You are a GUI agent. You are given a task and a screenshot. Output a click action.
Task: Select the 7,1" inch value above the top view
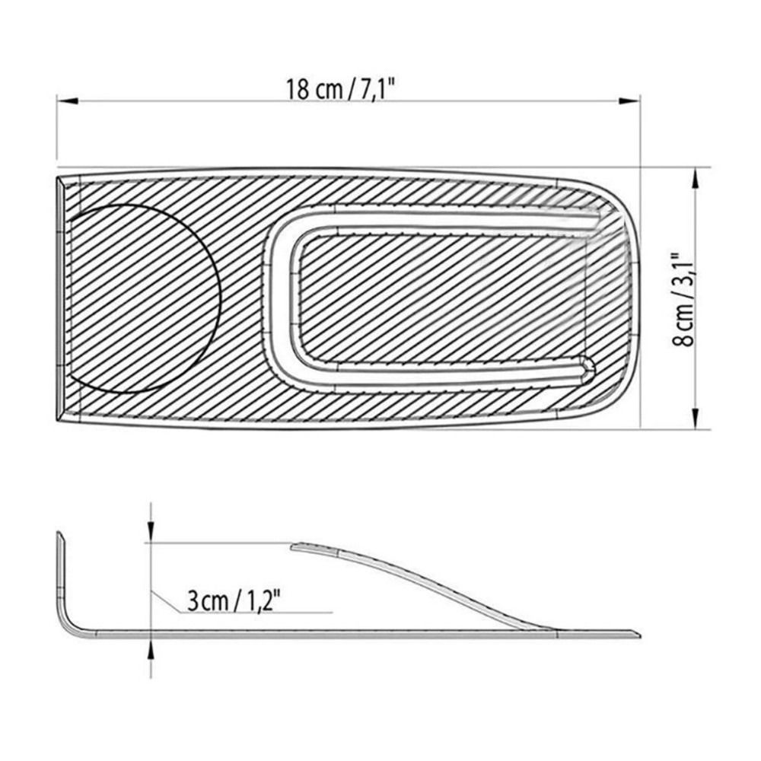[376, 89]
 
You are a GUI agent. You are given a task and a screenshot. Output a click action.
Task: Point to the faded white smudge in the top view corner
[601, 236]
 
